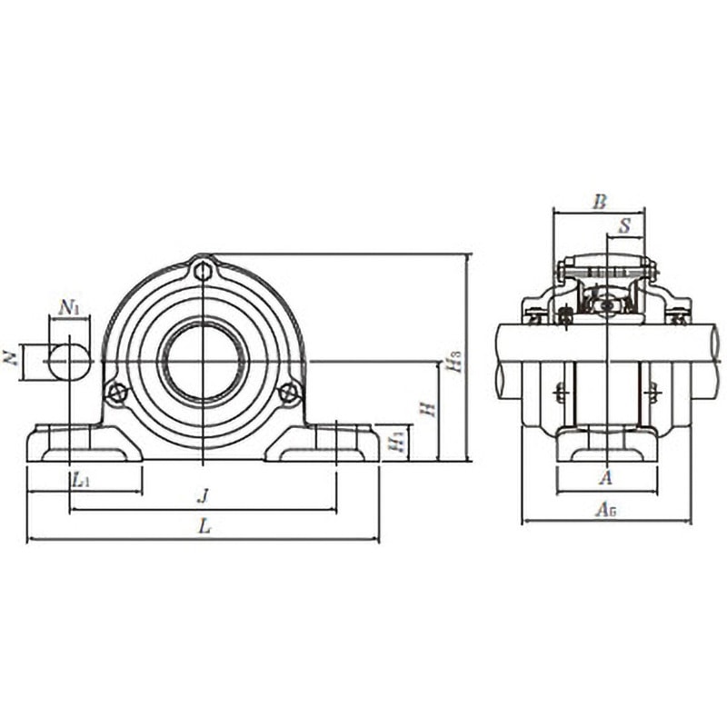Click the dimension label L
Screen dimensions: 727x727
coord(205,526)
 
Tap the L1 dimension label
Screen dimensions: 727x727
coord(80,479)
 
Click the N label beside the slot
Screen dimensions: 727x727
coord(12,361)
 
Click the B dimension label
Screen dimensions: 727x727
coord(599,202)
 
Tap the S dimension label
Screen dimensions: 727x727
coord(624,226)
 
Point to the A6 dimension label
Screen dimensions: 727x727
coord(606,510)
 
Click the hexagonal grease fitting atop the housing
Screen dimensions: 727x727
coord(204,270)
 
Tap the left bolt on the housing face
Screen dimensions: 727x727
coord(116,393)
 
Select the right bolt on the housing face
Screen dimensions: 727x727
coord(289,393)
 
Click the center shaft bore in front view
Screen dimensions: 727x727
coord(204,361)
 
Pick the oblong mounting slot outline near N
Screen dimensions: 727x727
coord(70,361)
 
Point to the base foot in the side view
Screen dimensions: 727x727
coord(606,444)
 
